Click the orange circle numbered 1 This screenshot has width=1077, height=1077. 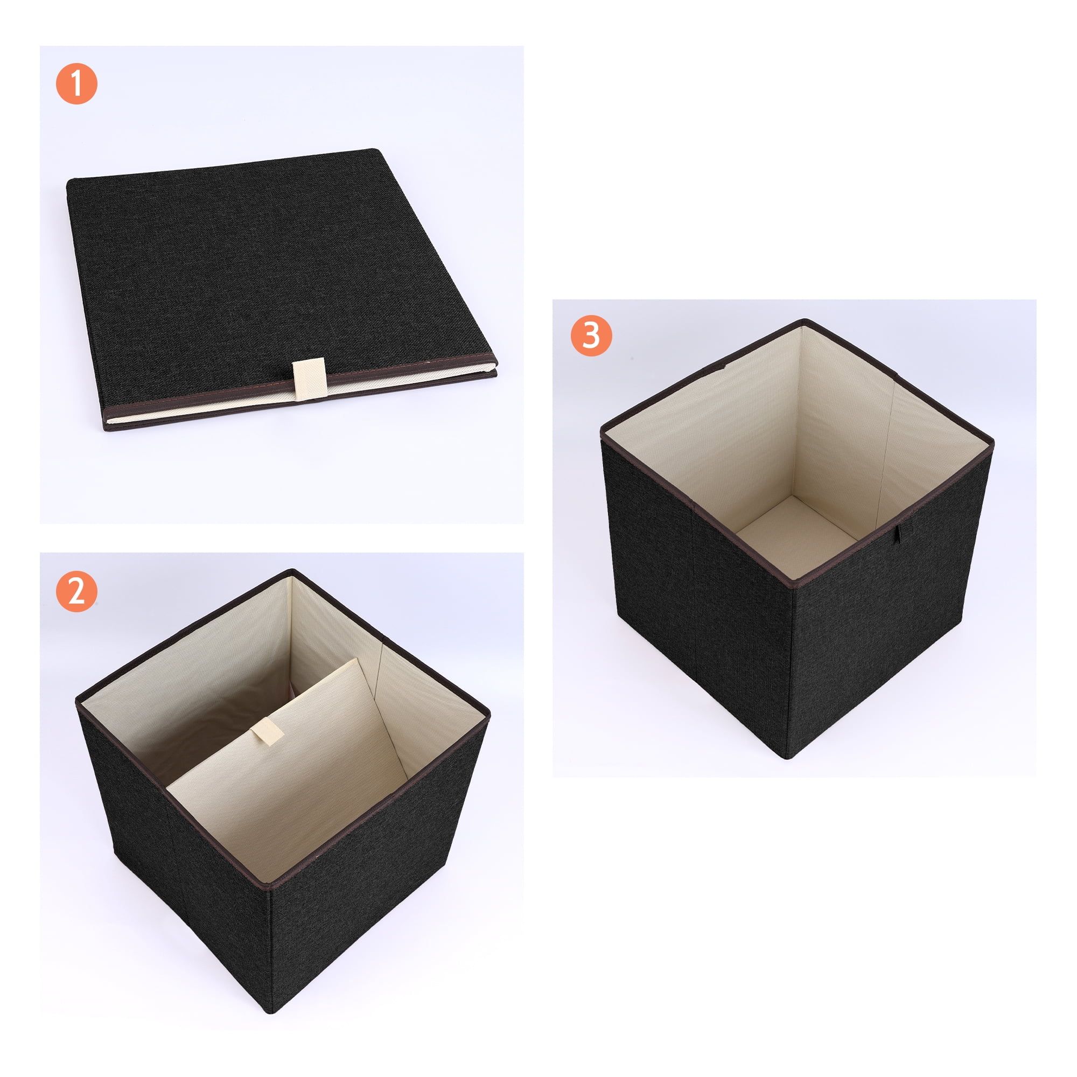point(76,83)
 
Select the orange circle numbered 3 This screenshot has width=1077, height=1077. point(591,335)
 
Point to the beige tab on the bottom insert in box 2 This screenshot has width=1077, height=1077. point(267,732)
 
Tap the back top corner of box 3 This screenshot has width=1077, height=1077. point(803,321)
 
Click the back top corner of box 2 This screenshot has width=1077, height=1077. point(291,572)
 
